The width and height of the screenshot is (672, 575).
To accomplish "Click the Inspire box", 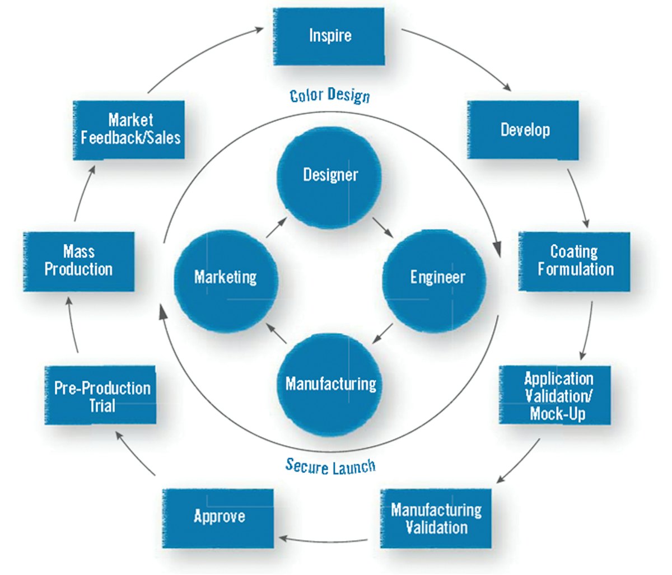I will (x=329, y=36).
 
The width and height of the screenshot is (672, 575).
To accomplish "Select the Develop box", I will (x=523, y=130).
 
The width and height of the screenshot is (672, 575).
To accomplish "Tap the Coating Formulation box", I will (x=575, y=261).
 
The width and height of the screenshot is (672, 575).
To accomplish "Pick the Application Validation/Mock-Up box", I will (x=554, y=395).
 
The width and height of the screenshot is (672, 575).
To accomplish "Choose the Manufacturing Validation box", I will (x=436, y=518).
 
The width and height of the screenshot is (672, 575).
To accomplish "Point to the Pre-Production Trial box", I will (x=101, y=395).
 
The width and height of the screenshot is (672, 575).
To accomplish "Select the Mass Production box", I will (x=79, y=261).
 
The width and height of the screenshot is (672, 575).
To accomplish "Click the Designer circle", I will (x=330, y=175).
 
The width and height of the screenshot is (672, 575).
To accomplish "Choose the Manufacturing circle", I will (x=330, y=384).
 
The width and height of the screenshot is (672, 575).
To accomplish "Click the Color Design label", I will (x=330, y=95).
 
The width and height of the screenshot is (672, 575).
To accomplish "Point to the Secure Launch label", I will (x=330, y=466).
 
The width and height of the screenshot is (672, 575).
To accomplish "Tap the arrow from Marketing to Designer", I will (x=277, y=228).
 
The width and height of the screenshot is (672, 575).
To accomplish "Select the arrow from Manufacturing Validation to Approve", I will (x=323, y=540).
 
